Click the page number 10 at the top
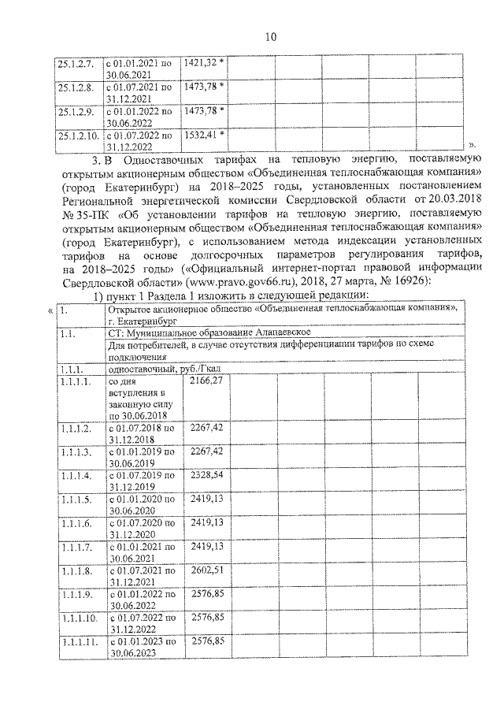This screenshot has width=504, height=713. click(270, 36)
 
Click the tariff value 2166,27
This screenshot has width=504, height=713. click(206, 381)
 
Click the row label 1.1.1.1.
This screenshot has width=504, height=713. click(76, 381)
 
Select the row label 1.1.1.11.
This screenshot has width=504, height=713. click(77, 642)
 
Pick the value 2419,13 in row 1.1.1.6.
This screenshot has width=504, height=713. click(206, 522)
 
